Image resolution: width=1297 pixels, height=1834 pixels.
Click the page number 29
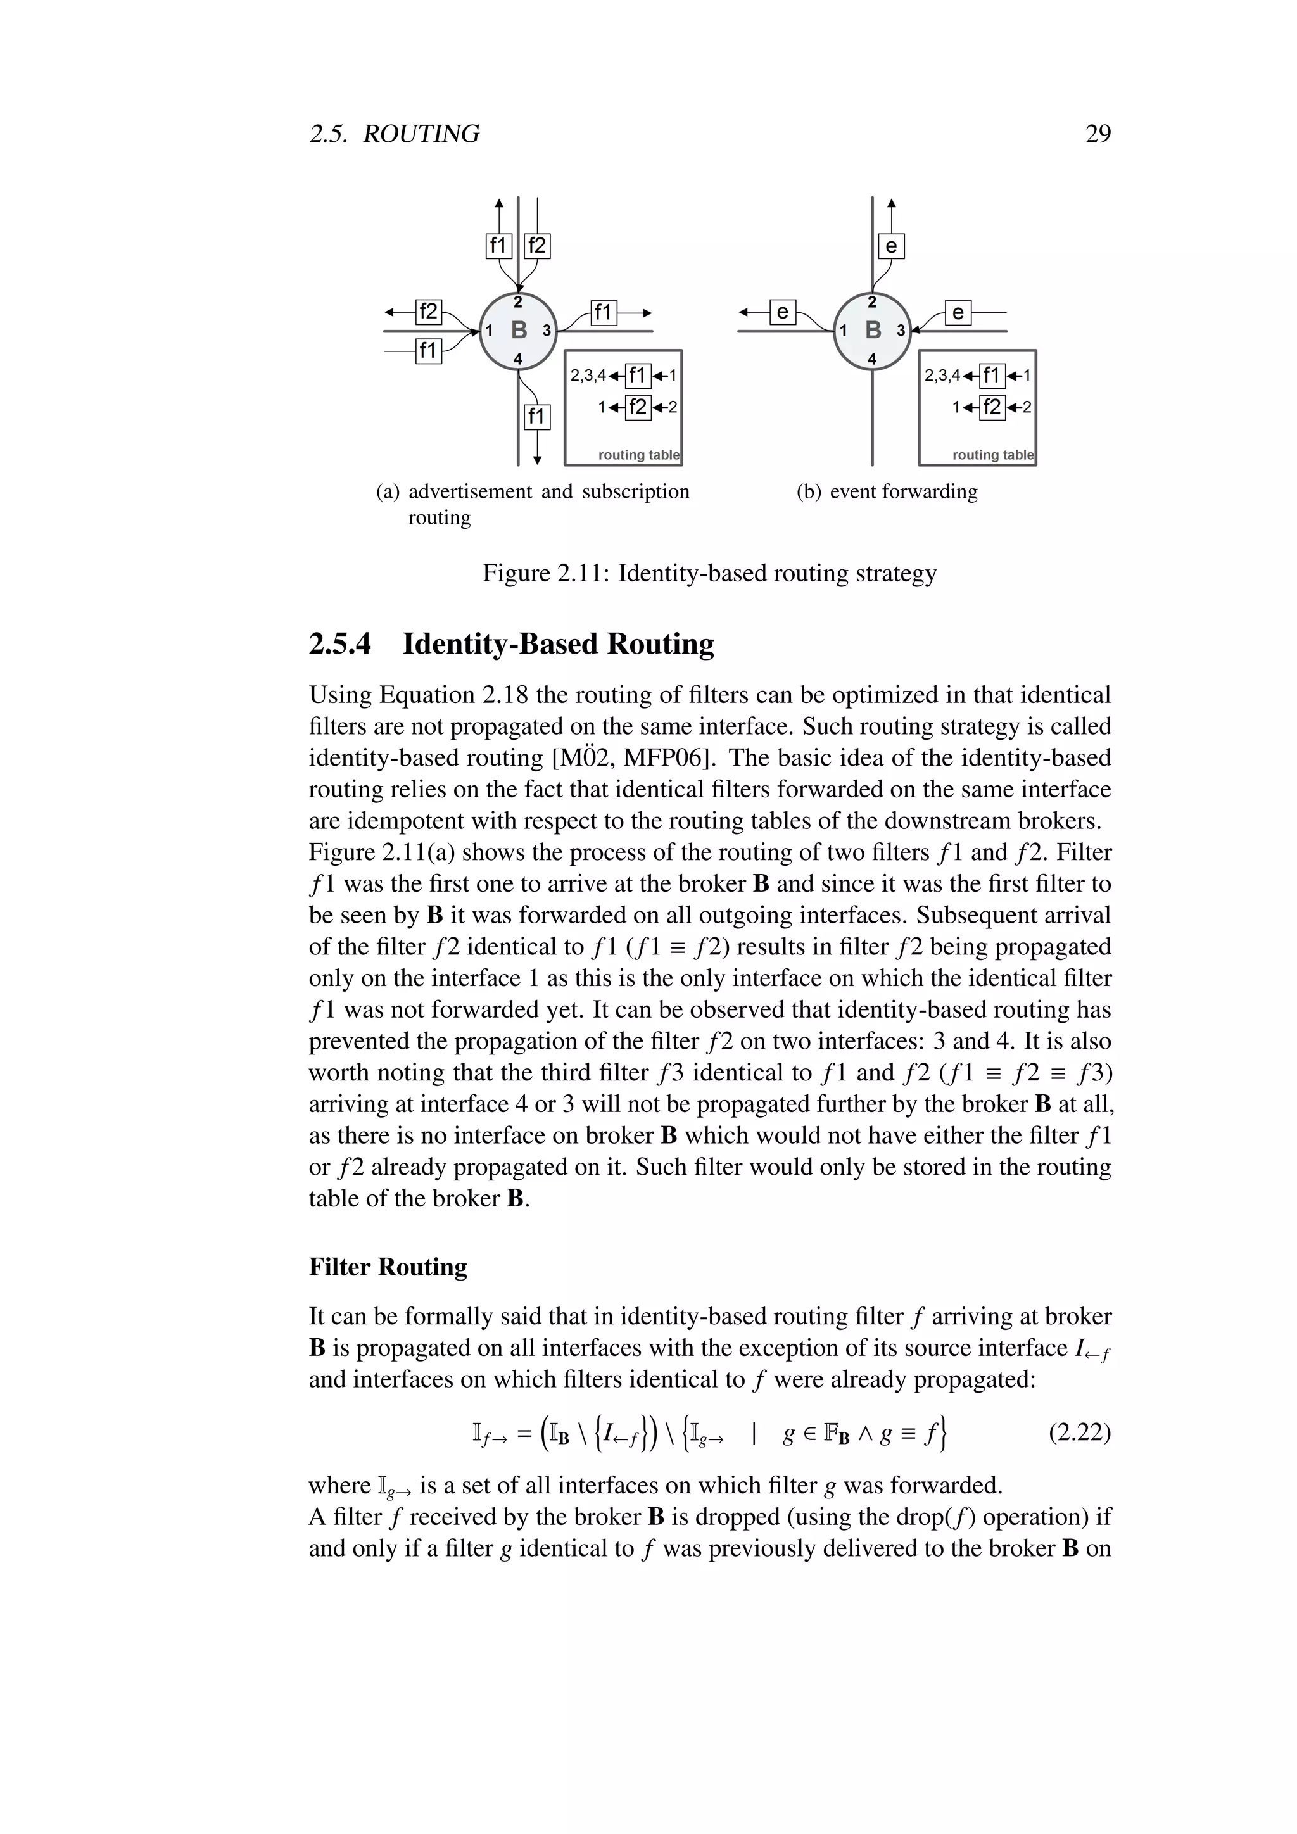pyautogui.click(x=1098, y=134)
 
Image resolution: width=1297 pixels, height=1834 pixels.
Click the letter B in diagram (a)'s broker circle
pyautogui.click(x=518, y=330)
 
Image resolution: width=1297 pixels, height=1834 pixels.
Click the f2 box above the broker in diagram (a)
pyautogui.click(x=536, y=245)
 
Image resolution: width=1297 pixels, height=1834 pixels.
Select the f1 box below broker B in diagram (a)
pyautogui.click(x=536, y=416)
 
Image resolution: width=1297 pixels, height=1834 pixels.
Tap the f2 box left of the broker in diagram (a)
pyautogui.click(x=429, y=311)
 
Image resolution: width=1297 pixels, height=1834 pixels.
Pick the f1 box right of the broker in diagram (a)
pyautogui.click(x=604, y=312)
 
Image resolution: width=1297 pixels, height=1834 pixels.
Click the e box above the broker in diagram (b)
pyautogui.click(x=891, y=246)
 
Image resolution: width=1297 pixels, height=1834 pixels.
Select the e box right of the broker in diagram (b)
pyautogui.click(x=958, y=312)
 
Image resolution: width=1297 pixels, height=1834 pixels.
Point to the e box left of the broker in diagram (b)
pyautogui.click(x=783, y=312)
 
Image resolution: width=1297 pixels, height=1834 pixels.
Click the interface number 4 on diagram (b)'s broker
pyautogui.click(x=872, y=360)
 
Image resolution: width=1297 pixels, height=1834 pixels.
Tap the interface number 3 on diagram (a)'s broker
pyautogui.click(x=547, y=330)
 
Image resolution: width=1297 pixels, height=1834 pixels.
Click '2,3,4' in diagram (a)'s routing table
pyautogui.click(x=587, y=376)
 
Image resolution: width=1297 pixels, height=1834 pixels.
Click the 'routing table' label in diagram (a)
pyautogui.click(x=638, y=455)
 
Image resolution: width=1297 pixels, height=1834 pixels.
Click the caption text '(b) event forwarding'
pyautogui.click(x=887, y=491)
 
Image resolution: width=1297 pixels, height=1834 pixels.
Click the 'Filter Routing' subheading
pyautogui.click(x=388, y=1267)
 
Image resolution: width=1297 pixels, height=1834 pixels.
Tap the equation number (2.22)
pyautogui.click(x=1079, y=1432)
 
